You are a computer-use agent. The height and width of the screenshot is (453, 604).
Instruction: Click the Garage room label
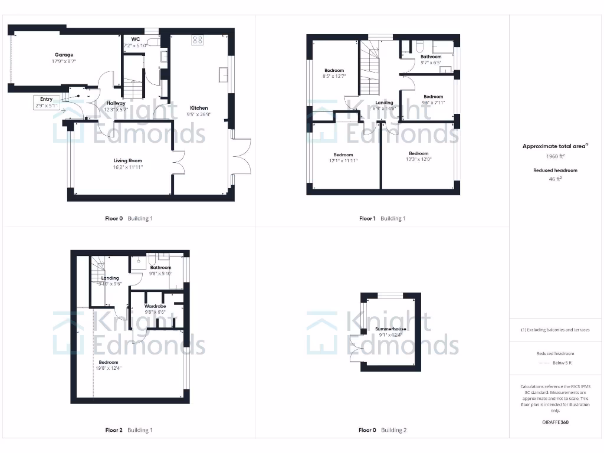64,55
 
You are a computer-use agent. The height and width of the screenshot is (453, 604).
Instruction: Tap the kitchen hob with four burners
198,40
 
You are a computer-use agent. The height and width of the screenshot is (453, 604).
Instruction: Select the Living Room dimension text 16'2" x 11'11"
128,168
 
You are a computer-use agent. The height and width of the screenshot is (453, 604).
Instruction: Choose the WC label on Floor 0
136,39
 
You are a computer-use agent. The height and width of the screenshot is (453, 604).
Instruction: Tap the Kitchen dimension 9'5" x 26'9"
199,114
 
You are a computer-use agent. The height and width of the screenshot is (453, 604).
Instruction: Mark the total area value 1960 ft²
554,157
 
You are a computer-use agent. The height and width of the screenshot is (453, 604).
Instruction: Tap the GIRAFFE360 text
554,422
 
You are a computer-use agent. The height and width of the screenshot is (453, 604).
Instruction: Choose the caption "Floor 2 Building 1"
129,430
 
